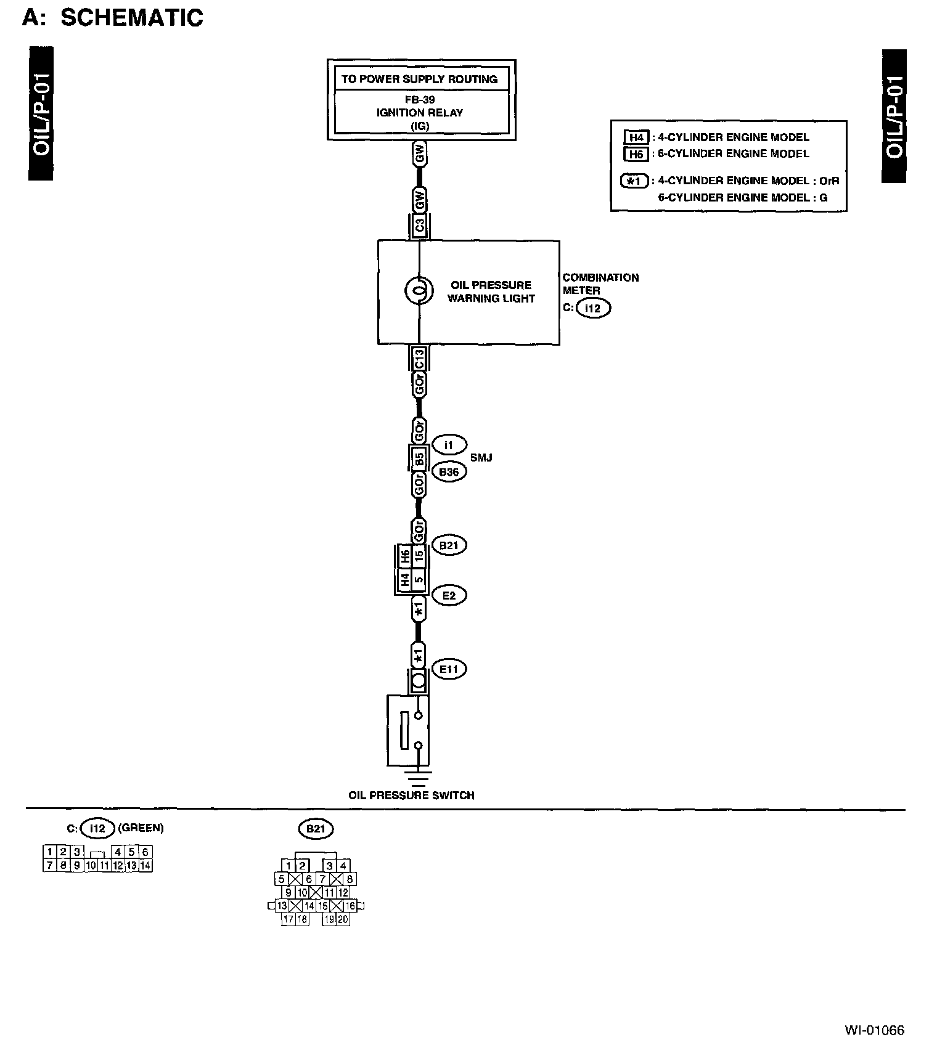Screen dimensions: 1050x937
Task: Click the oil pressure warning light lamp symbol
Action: click(x=419, y=291)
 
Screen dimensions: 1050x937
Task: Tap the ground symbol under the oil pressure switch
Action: click(x=419, y=776)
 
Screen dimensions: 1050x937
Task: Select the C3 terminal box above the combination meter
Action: click(x=419, y=226)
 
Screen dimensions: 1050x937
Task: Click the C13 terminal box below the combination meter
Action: click(x=419, y=358)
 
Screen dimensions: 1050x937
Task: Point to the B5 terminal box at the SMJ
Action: click(x=419, y=457)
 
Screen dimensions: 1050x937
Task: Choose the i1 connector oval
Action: click(x=449, y=444)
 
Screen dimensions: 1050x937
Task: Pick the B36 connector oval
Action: click(x=449, y=472)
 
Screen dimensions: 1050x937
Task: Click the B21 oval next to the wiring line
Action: click(x=449, y=545)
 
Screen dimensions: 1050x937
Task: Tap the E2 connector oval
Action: click(x=449, y=595)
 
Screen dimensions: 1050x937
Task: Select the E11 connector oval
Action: click(x=449, y=669)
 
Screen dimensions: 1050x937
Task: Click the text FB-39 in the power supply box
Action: click(x=419, y=99)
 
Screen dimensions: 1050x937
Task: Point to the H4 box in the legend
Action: click(x=636, y=137)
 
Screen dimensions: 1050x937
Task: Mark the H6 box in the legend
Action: click(x=636, y=154)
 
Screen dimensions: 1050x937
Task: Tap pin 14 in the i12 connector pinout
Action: click(x=145, y=865)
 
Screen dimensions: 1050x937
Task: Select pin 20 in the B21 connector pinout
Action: click(x=343, y=919)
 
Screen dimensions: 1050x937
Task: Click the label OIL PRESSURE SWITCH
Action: click(x=411, y=796)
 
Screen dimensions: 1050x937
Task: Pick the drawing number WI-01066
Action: click(x=874, y=1030)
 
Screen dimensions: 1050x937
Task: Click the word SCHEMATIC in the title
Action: click(x=132, y=17)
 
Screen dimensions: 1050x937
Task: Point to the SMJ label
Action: click(x=481, y=458)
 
